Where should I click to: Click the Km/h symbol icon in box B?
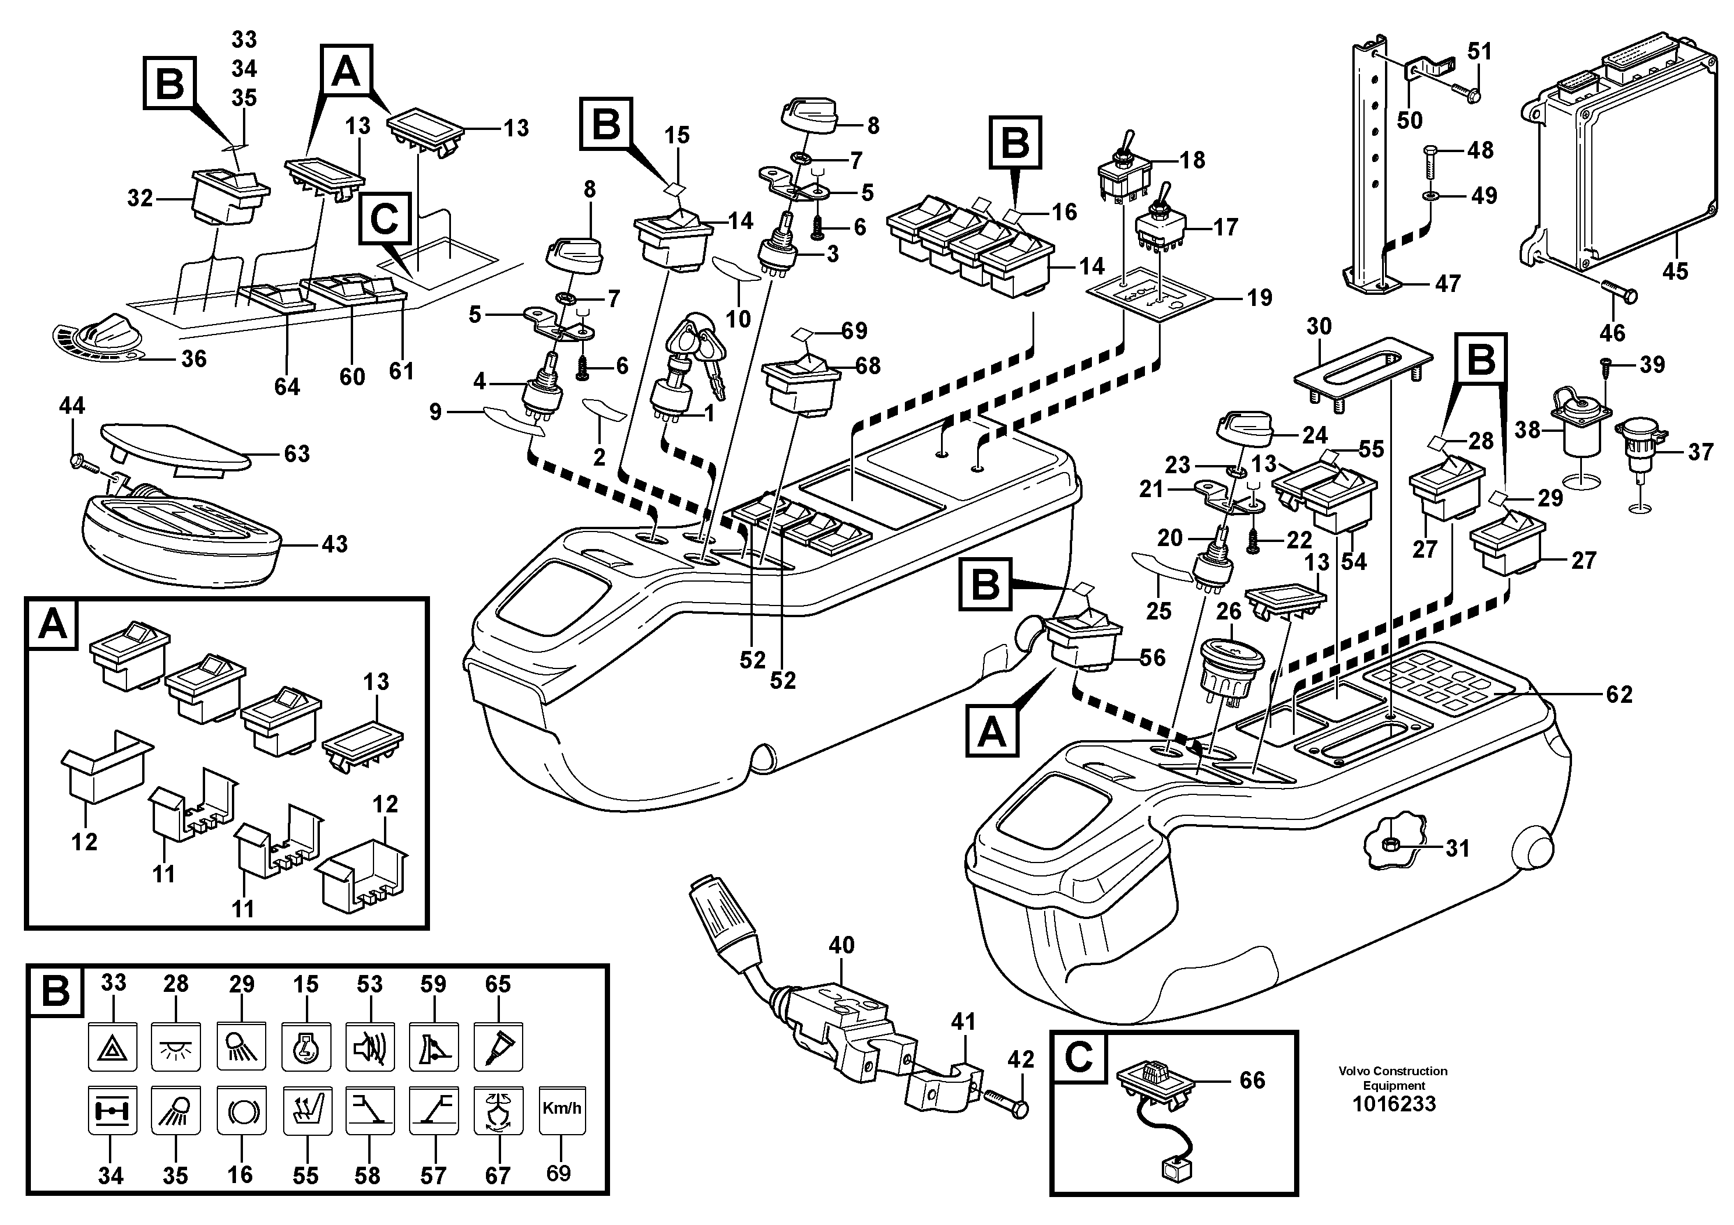coord(562,1110)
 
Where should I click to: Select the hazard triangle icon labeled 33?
coord(112,1047)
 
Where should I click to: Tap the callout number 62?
coord(1619,694)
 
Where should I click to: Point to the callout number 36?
coord(193,359)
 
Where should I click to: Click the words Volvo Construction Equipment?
coord(1393,1078)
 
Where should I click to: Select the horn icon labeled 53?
coord(370,1047)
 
